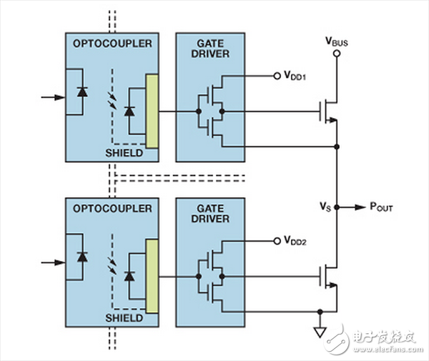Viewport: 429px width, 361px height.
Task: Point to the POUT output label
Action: [x=380, y=207]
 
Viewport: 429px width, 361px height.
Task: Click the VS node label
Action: [x=325, y=207]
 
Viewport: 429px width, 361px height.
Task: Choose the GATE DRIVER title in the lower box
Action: [x=208, y=214]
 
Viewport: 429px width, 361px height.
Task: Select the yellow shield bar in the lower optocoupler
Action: [x=151, y=276]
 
